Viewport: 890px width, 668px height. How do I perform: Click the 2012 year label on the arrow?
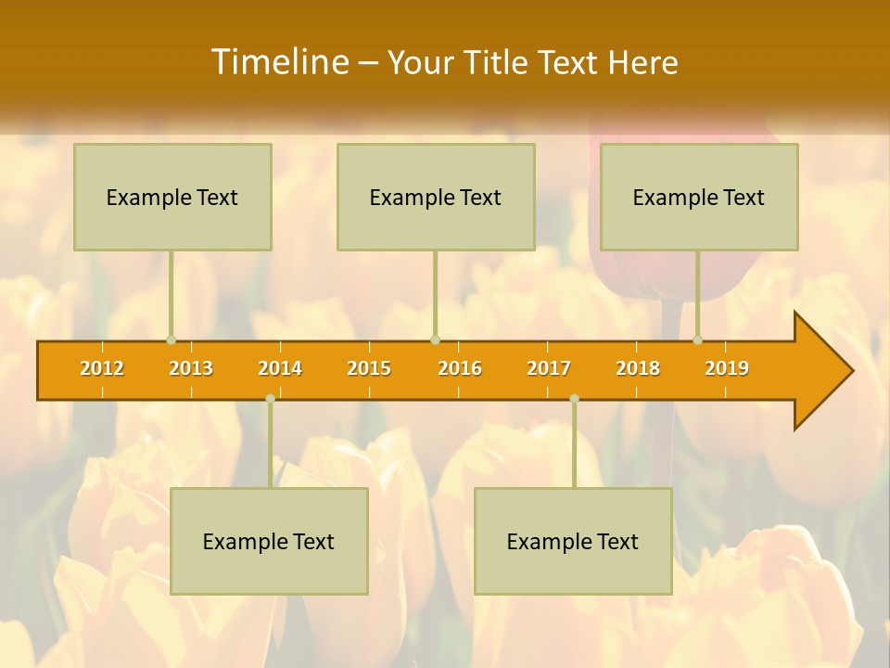tap(102, 368)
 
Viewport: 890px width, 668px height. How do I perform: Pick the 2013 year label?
tap(191, 368)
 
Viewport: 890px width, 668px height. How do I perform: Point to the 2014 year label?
tap(280, 368)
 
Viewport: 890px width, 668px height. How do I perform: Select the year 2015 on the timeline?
tap(369, 368)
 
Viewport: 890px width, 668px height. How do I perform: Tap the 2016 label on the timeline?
tap(460, 368)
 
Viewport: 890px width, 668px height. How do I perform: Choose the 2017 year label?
tap(549, 368)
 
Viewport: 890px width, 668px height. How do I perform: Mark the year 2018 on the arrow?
tap(638, 368)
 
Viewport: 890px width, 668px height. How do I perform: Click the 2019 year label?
tap(727, 368)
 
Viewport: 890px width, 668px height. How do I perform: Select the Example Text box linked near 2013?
tap(172, 197)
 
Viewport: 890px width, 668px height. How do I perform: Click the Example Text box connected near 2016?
tap(436, 197)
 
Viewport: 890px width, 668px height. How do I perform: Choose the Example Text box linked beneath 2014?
tap(269, 541)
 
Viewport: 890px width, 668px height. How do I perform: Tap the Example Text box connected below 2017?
tap(573, 541)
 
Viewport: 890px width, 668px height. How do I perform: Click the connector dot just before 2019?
tap(698, 340)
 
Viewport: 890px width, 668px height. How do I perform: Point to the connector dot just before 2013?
tap(171, 340)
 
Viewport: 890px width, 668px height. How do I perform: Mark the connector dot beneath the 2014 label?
tap(270, 399)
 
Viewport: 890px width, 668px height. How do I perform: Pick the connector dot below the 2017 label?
tap(574, 399)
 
